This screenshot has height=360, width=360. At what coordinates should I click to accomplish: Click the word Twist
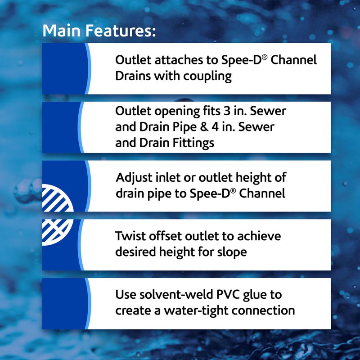pyautogui.click(x=129, y=236)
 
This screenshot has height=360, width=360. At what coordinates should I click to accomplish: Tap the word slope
pyautogui.click(x=232, y=252)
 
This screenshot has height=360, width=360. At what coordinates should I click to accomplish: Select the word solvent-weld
pyautogui.click(x=173, y=294)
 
